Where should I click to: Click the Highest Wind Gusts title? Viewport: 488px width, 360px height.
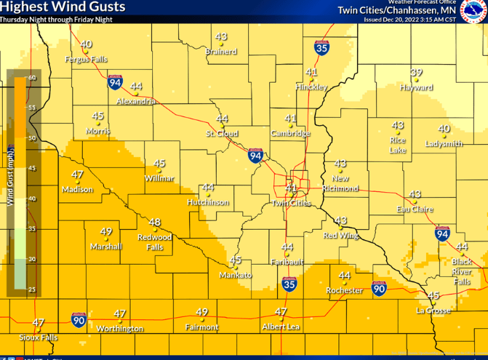pos(63,7)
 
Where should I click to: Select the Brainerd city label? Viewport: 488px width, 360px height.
pos(221,52)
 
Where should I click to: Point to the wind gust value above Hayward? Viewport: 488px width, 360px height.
pos(416,73)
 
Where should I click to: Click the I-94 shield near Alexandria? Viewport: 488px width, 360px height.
pos(115,82)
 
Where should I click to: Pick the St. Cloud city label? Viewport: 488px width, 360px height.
pos(221,134)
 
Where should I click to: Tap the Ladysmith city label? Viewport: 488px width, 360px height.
pos(444,143)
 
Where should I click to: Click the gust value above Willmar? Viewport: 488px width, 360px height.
pos(159,164)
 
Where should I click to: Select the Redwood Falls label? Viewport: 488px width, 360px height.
pos(155,242)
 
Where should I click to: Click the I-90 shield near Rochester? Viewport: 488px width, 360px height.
pos(378,289)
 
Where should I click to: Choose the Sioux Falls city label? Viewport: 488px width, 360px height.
pos(39,337)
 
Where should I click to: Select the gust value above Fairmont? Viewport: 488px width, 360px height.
pos(202,313)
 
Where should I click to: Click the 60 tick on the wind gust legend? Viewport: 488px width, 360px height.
pos(32,77)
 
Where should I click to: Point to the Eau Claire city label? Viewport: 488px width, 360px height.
pos(415,209)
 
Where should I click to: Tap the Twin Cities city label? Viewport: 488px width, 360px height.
pos(292,203)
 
